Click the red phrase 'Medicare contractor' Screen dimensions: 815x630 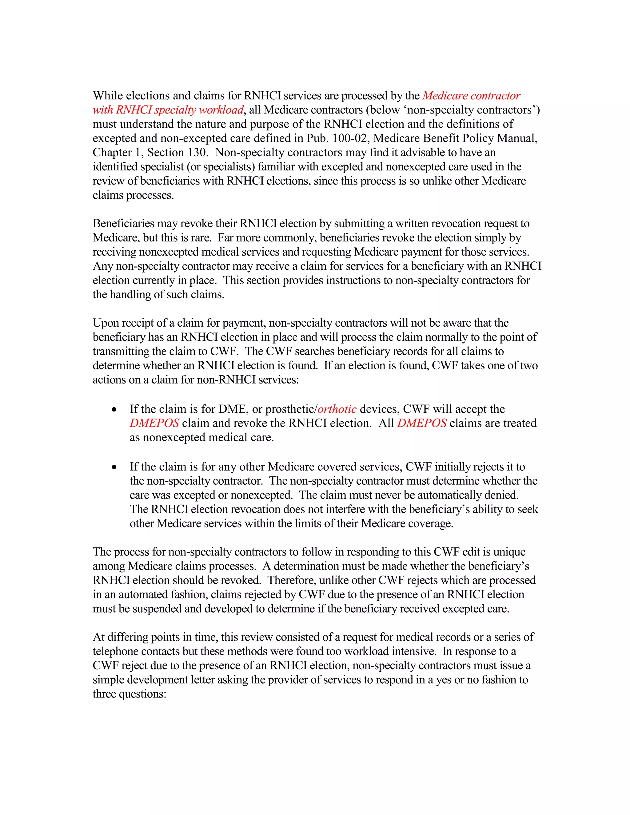(x=471, y=96)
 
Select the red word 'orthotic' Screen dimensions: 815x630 (x=337, y=409)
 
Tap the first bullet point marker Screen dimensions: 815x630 (x=114, y=410)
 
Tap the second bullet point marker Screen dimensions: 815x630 (x=114, y=467)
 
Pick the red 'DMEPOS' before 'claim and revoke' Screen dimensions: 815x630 (x=154, y=423)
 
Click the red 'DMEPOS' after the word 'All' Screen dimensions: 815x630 (x=422, y=423)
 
